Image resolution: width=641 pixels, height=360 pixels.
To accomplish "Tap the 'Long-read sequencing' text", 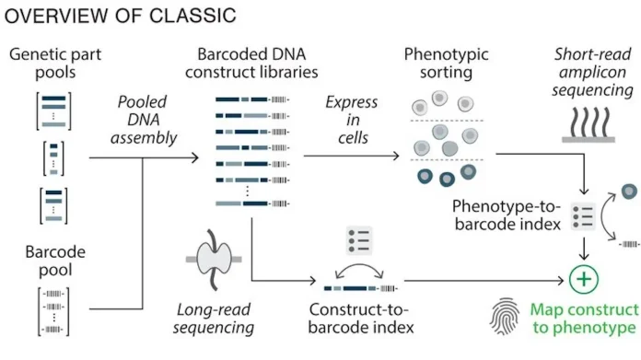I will (216, 318).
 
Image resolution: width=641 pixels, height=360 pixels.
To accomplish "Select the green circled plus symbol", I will (583, 278).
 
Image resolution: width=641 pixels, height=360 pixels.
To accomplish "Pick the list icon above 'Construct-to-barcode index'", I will (357, 241).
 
